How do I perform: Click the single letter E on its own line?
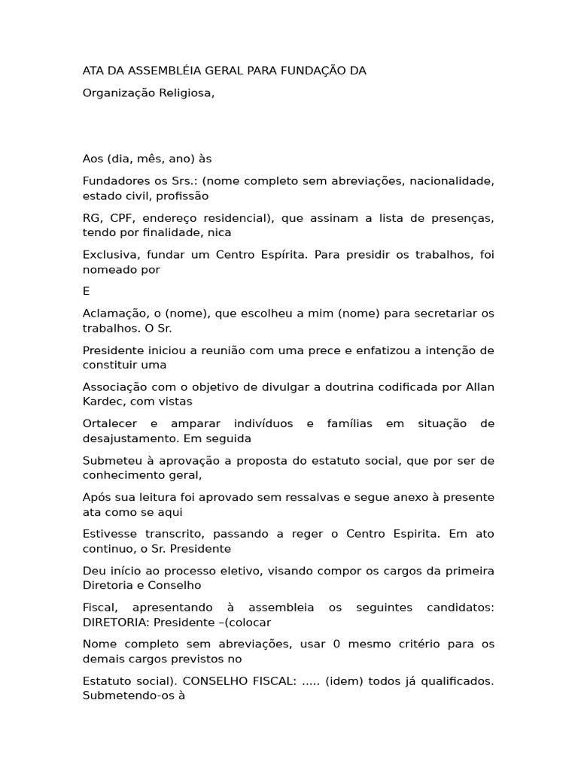(x=86, y=291)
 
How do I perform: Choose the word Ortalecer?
(x=110, y=423)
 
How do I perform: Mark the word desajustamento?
(x=129, y=438)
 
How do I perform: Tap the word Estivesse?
(x=110, y=534)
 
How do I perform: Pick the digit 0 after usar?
(x=337, y=644)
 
